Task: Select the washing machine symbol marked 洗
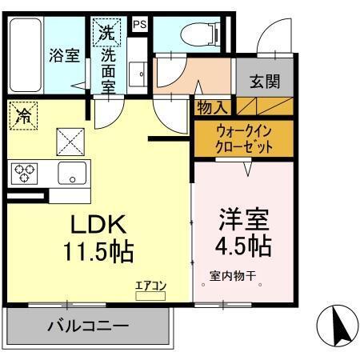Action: point(107,34)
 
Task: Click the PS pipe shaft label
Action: point(140,24)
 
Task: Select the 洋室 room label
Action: point(243,217)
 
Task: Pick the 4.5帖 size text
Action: point(243,243)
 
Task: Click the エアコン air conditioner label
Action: point(150,285)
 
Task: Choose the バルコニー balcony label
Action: point(87,326)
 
